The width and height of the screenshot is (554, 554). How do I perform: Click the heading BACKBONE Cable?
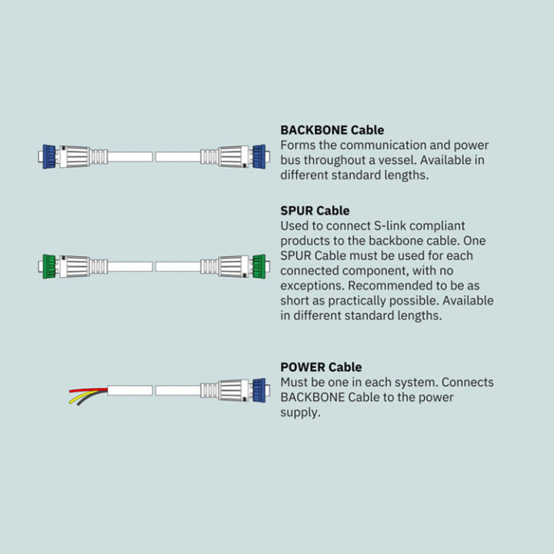click(x=332, y=130)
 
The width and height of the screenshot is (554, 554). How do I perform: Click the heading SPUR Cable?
click(x=315, y=210)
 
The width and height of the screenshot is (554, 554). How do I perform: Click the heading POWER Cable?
click(x=321, y=367)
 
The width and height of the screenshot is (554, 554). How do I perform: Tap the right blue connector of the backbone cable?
click(x=258, y=156)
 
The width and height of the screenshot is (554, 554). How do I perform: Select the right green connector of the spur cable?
click(x=258, y=266)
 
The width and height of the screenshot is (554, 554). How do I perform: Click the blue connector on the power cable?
click(x=258, y=390)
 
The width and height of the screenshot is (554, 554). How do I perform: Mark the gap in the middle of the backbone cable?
click(x=154, y=156)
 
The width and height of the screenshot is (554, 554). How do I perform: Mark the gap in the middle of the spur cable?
click(x=154, y=266)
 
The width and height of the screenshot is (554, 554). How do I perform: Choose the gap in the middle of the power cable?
click(x=154, y=390)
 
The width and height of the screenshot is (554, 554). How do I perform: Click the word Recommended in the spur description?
click(x=395, y=285)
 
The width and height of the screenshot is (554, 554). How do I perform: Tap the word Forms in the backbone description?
click(x=298, y=145)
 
